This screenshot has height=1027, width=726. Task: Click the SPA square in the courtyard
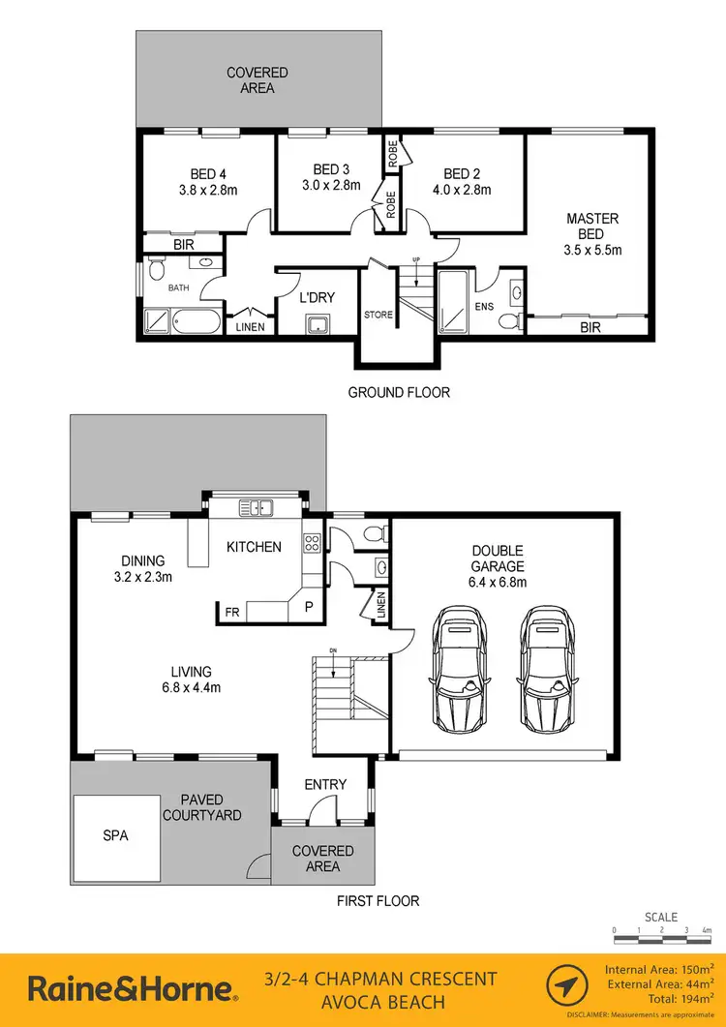point(115,836)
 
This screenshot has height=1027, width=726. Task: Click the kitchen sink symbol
point(257,506)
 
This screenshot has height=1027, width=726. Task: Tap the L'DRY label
point(317,297)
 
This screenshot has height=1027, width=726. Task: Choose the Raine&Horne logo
point(133,989)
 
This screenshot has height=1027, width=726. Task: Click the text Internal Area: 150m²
point(659,969)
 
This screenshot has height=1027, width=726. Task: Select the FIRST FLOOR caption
point(378,901)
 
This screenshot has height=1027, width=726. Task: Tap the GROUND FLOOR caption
point(399,392)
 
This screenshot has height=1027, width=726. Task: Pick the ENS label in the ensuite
point(483,307)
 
